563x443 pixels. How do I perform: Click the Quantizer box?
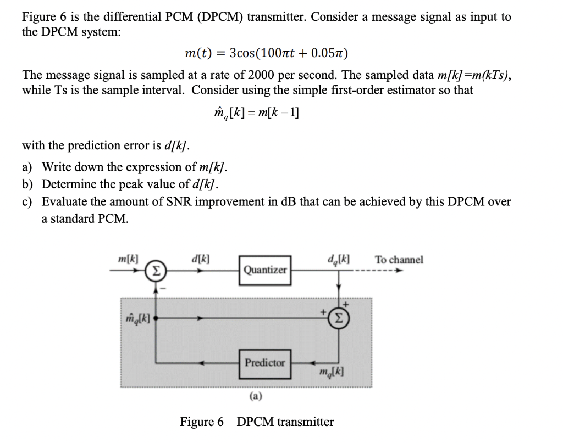click(x=265, y=270)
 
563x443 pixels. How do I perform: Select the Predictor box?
click(x=265, y=363)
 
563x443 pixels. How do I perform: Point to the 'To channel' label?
click(x=399, y=260)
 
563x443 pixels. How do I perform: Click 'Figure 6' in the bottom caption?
click(x=202, y=422)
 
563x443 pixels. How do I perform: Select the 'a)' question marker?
click(x=27, y=167)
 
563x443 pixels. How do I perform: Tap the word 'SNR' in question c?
click(x=163, y=201)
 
